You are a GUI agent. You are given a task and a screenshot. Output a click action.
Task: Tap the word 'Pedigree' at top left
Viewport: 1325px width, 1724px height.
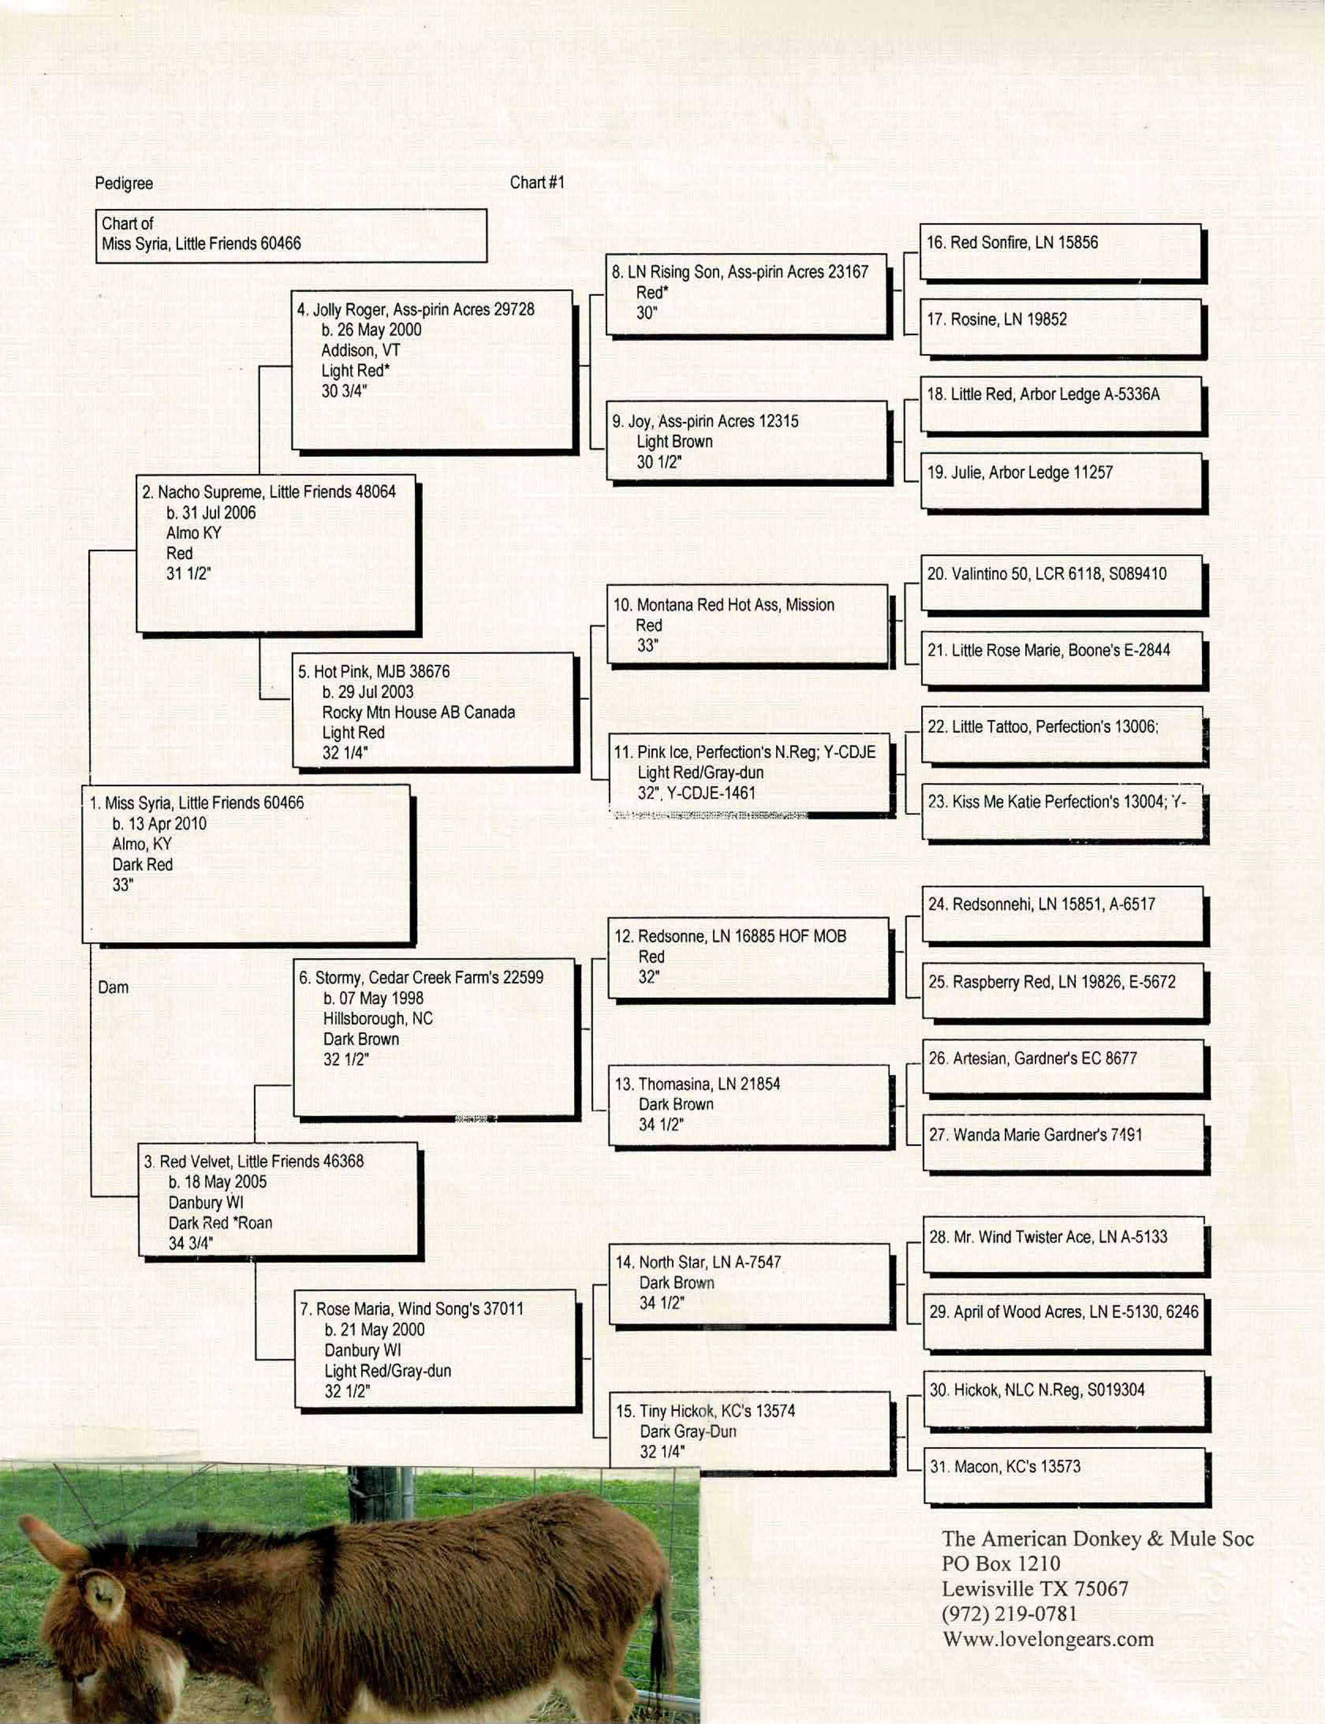click(x=124, y=184)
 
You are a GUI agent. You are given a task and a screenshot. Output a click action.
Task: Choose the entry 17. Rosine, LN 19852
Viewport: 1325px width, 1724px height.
click(x=997, y=320)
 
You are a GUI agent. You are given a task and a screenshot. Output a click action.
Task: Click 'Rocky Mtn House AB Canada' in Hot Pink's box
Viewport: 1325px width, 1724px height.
click(x=418, y=712)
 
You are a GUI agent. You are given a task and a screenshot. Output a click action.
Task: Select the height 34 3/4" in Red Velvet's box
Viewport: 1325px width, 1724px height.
click(x=191, y=1244)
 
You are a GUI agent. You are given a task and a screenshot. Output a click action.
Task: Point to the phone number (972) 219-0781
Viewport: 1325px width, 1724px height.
click(x=1010, y=1614)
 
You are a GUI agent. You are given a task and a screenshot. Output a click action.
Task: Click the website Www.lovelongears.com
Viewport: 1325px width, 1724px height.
click(x=1047, y=1639)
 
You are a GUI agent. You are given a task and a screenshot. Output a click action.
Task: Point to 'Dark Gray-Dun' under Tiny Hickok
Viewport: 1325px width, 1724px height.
click(x=688, y=1431)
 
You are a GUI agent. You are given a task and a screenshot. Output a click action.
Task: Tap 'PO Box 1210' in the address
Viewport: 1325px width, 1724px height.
click(x=1001, y=1563)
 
